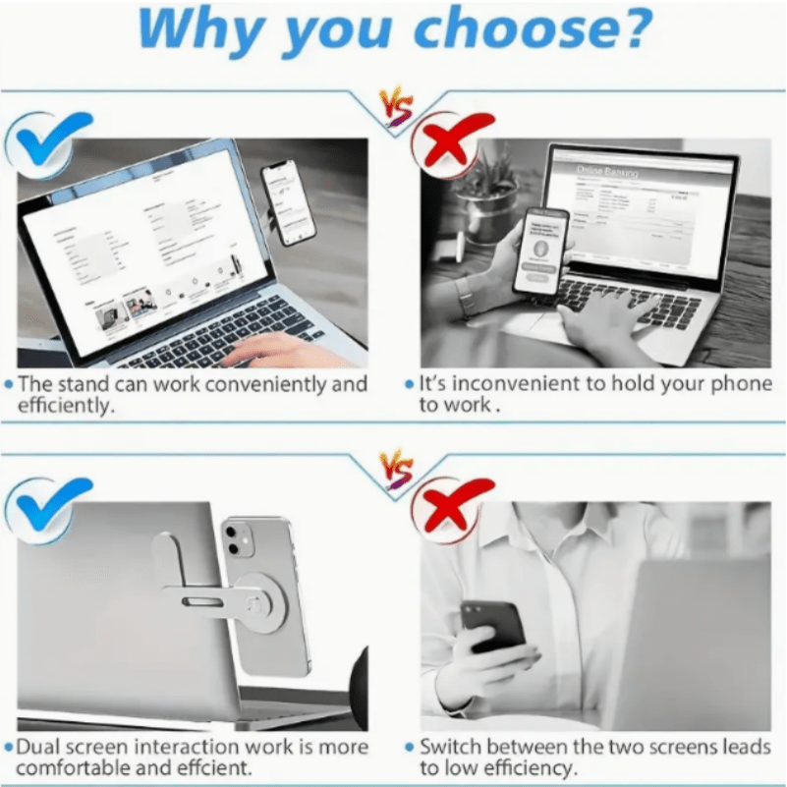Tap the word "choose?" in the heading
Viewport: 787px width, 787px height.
point(531,28)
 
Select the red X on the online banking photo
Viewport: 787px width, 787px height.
point(451,141)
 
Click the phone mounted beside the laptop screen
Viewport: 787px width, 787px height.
point(289,203)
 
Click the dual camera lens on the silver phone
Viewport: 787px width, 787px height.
point(234,539)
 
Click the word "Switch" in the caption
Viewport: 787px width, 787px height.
point(449,748)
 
